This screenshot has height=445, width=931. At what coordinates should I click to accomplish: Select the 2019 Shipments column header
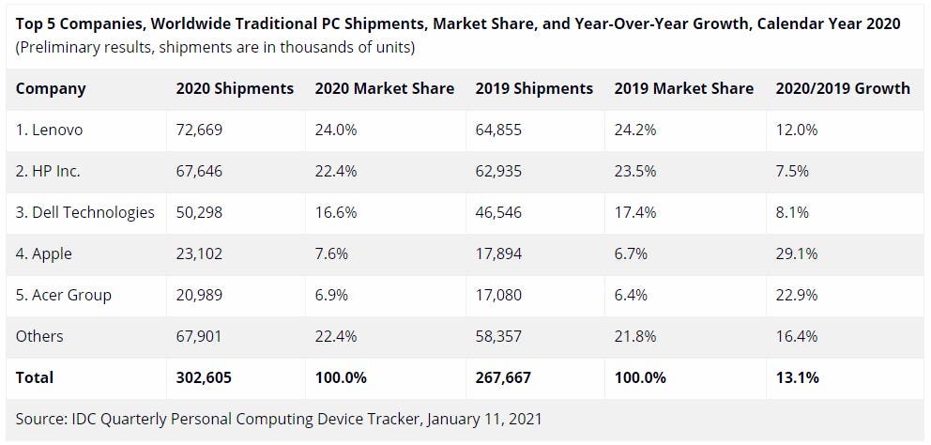[x=534, y=88]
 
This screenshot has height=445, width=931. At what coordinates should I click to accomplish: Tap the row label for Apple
[x=44, y=253]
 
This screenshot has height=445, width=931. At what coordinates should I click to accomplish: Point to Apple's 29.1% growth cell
[x=797, y=253]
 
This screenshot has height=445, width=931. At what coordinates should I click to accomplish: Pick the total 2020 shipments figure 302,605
[x=204, y=377]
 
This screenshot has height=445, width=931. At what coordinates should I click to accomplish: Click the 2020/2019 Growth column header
[x=843, y=88]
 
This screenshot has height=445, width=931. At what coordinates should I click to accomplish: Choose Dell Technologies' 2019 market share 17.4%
[x=635, y=212]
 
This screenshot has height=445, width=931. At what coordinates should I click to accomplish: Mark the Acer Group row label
[x=64, y=295]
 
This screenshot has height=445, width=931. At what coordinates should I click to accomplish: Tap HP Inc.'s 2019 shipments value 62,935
[x=499, y=171]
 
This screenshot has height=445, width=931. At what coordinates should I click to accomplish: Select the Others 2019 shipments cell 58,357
[x=499, y=336]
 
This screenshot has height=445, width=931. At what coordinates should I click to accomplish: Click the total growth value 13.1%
[x=798, y=377]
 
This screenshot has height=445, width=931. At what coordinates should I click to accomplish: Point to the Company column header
[x=51, y=88]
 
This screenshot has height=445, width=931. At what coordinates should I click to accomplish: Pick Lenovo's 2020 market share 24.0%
[x=336, y=130]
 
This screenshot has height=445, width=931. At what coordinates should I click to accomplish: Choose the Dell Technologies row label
[x=85, y=212]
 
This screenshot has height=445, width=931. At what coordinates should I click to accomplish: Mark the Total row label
[x=35, y=377]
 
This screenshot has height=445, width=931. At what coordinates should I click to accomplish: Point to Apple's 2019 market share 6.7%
[x=631, y=253]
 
